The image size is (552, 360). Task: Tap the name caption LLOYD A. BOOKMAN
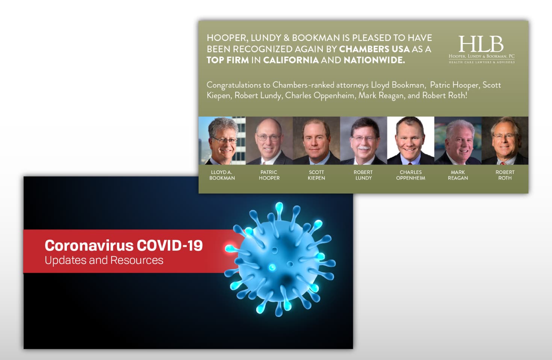pos(222,175)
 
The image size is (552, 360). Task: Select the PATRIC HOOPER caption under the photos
pos(269,175)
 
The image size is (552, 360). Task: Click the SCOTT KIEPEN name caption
pos(316,175)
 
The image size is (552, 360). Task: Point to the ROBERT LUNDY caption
pos(363,175)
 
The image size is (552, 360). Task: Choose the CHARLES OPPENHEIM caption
pos(411,175)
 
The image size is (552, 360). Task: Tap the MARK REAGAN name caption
pos(458,175)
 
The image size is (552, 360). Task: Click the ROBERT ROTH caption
pos(505,175)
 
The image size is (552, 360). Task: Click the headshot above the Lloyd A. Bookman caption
pos(222,141)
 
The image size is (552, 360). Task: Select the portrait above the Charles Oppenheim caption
pos(411,141)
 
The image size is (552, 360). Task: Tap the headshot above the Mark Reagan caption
pos(458,141)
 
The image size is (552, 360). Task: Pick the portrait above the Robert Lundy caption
pos(363,141)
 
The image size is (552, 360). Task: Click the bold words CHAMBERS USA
pos(375,49)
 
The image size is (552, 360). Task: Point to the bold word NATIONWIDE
pos(374,60)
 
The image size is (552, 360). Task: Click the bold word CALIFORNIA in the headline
pos(291,60)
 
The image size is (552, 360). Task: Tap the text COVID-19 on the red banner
pos(169,245)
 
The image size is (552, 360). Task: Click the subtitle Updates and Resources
pos(104,260)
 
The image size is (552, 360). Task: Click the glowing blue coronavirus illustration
pos(280,259)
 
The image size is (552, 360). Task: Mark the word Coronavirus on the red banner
pos(89,245)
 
